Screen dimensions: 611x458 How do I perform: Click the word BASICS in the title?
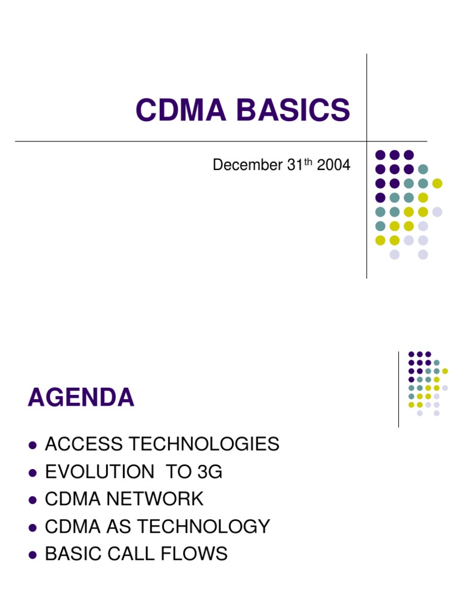tap(295, 110)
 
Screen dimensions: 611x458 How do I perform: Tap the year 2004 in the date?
tap(333, 165)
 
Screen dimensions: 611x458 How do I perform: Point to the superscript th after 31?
tap(309, 162)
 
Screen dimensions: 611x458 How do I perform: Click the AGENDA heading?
tap(81, 398)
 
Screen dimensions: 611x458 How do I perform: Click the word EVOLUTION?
tap(99, 472)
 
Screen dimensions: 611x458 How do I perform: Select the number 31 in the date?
tap(295, 165)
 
